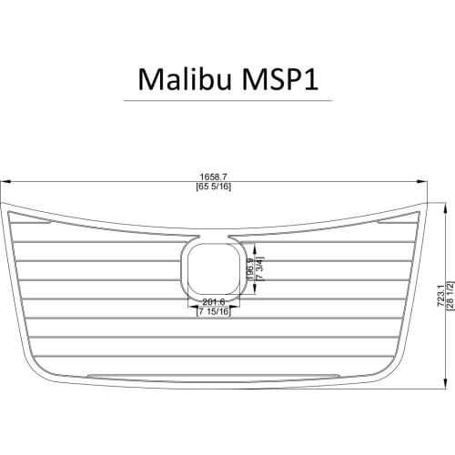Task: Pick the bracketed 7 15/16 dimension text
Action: point(214,312)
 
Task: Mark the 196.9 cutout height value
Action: point(251,269)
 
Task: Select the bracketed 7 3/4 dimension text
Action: point(260,269)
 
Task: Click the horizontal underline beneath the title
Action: point(227,100)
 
